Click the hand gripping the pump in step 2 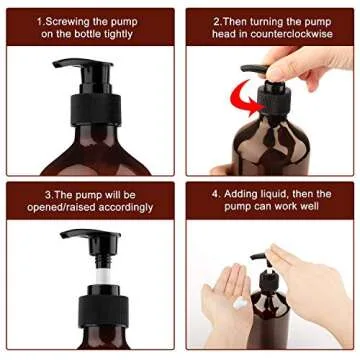pyautogui.click(x=310, y=65)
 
